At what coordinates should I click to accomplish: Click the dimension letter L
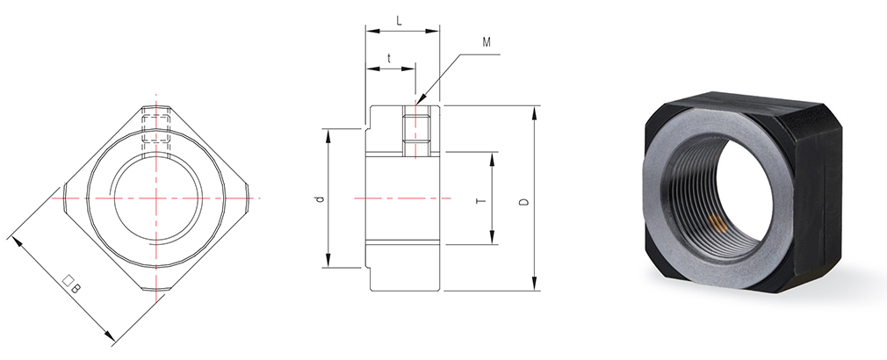point(400,21)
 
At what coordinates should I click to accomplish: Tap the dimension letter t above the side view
point(389,58)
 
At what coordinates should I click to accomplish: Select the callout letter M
point(487,42)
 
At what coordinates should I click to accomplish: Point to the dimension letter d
point(321,199)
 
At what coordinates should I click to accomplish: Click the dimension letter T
point(482,200)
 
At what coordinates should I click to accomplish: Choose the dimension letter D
point(524,201)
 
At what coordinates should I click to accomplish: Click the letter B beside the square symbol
point(77,289)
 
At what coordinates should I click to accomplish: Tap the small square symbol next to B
point(69,280)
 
